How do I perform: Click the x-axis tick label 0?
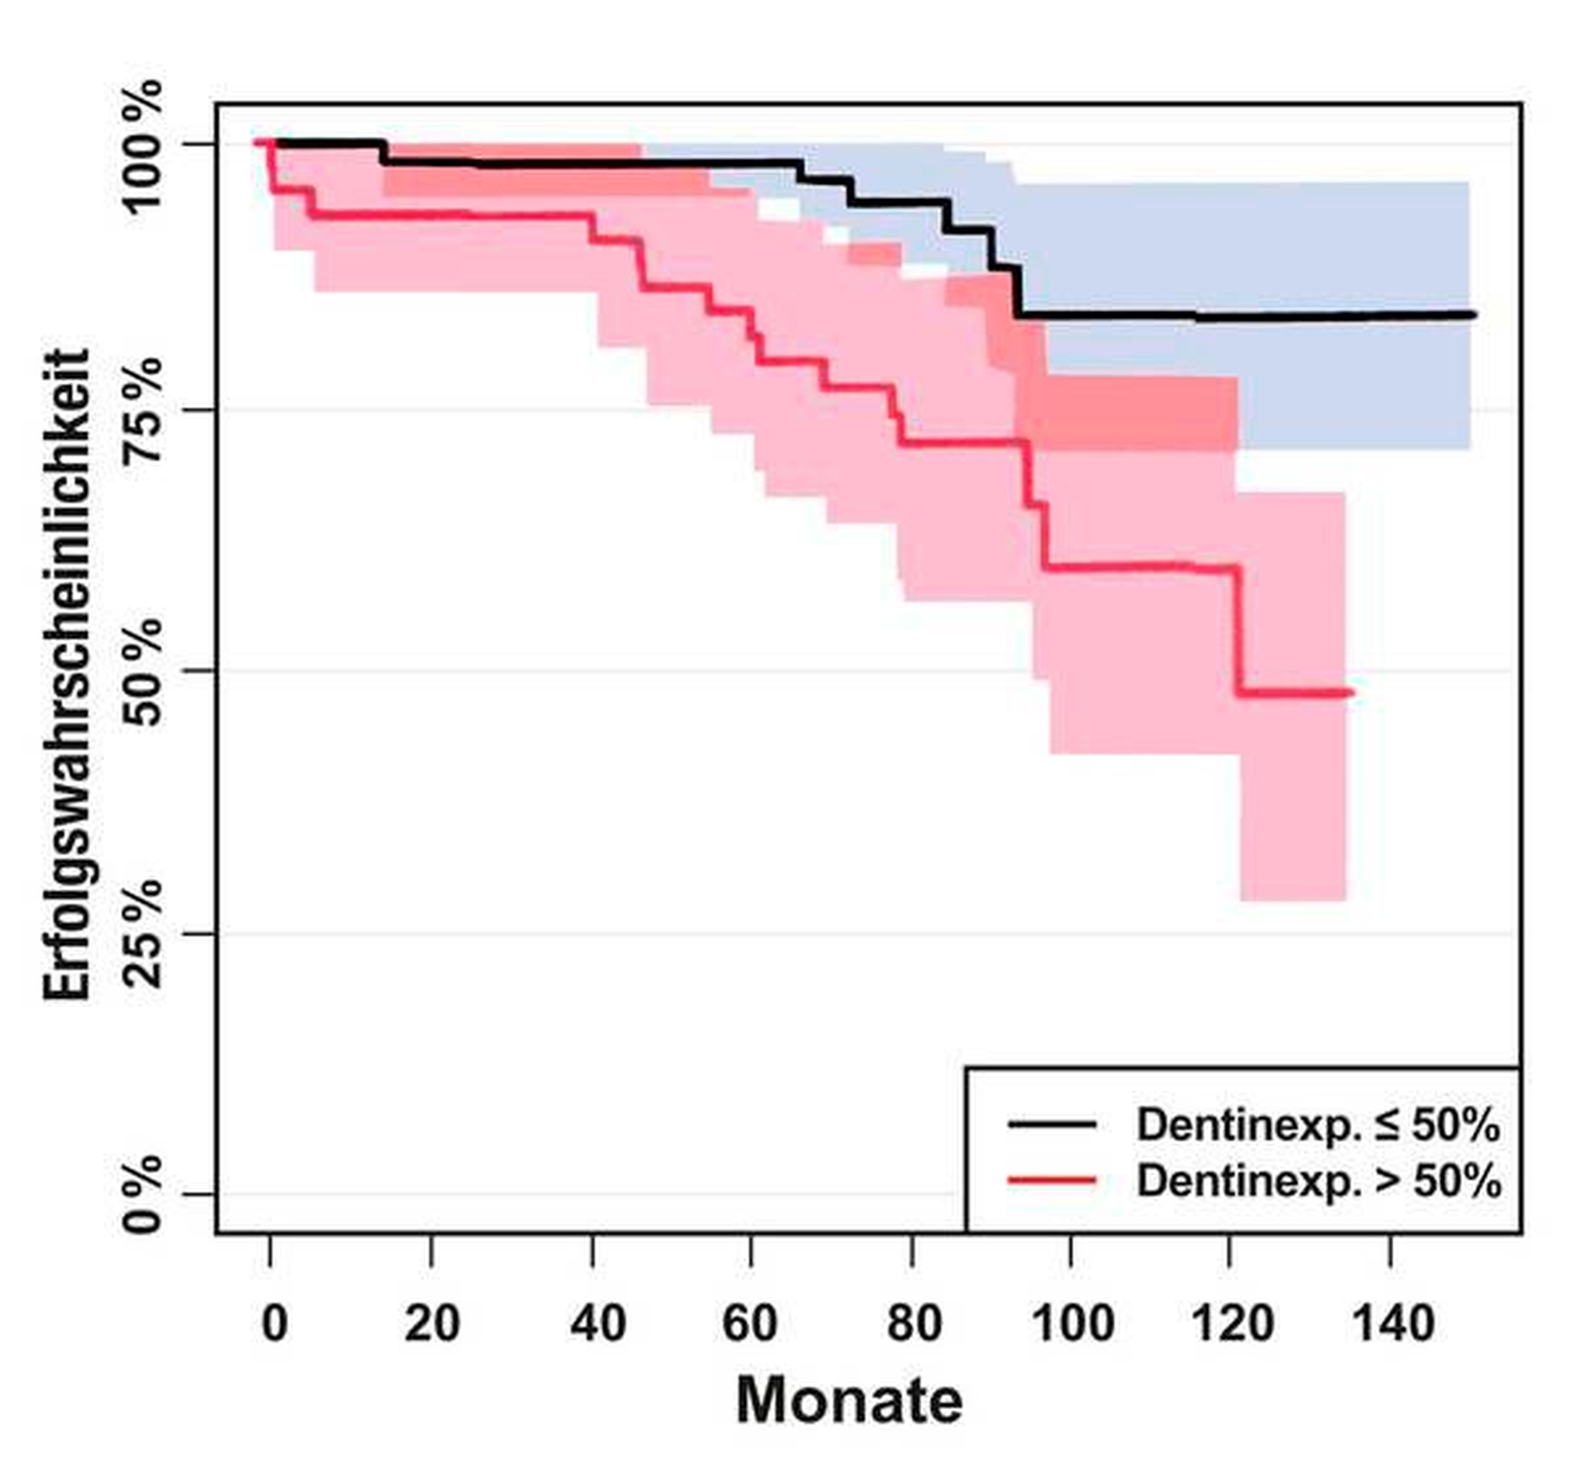point(274,1324)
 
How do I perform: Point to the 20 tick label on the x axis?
point(431,1324)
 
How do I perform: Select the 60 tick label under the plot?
point(749,1324)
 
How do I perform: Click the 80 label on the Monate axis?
point(913,1324)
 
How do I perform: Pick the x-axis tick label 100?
point(1072,1324)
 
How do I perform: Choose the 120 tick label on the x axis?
point(1232,1324)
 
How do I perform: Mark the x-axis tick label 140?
point(1393,1324)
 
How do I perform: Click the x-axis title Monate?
point(849,1401)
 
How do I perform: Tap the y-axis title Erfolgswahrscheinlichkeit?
point(66,675)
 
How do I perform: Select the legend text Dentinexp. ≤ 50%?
point(1317,1126)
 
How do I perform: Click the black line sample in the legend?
point(1052,1125)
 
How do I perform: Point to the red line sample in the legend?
point(1052,1179)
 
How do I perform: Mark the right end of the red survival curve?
point(1351,692)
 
